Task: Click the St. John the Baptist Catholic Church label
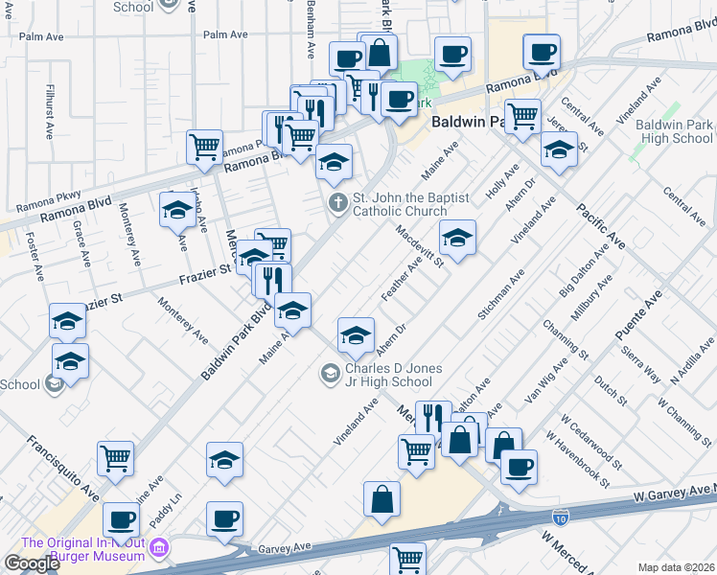(x=399, y=204)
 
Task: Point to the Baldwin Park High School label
(x=674, y=131)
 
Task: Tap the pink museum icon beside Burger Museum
(x=160, y=549)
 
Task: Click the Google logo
(x=31, y=563)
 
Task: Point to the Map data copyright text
(x=677, y=567)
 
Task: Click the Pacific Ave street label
(x=601, y=226)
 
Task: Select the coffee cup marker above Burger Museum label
(x=121, y=519)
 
